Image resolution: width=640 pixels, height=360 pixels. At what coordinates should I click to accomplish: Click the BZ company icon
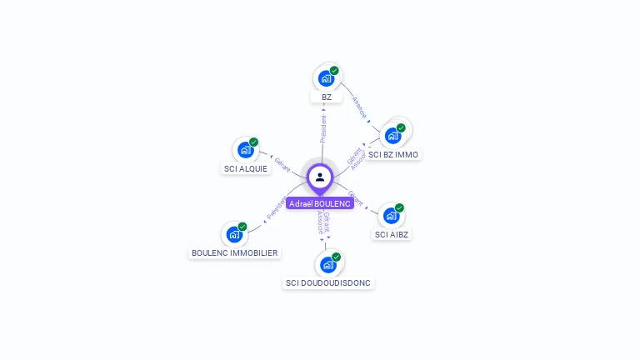tap(326, 78)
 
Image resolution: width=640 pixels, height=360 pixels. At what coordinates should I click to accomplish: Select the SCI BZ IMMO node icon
tap(392, 135)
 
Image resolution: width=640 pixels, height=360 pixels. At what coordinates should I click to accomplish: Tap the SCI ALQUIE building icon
tap(245, 150)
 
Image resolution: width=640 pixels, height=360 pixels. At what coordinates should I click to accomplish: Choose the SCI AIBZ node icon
tap(392, 215)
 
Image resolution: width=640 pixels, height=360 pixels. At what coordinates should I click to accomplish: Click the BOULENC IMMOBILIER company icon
tap(234, 234)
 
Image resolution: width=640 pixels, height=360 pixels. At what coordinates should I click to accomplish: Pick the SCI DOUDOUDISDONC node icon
tap(328, 264)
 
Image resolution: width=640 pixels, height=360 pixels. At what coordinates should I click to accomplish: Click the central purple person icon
tap(320, 177)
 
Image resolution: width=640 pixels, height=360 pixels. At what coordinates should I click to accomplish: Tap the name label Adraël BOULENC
tap(320, 203)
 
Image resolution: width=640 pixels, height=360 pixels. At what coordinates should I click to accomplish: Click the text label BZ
tap(327, 97)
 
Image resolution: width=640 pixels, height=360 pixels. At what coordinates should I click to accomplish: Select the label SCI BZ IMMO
tap(393, 154)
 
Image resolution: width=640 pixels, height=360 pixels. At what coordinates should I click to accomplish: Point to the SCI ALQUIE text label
tap(246, 169)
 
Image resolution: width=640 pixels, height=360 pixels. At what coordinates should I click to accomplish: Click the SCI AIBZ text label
tap(392, 234)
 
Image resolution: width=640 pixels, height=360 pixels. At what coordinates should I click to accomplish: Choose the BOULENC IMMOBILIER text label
tap(234, 252)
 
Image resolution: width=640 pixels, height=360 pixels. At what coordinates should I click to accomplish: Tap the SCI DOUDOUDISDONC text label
tap(328, 282)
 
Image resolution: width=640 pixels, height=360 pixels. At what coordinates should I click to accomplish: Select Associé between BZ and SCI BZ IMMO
tap(360, 108)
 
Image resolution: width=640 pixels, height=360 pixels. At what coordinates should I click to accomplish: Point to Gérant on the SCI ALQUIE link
tap(282, 165)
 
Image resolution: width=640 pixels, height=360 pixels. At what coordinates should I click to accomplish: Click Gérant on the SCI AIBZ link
tap(356, 198)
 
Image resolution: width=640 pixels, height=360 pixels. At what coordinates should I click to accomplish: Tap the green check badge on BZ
tap(334, 71)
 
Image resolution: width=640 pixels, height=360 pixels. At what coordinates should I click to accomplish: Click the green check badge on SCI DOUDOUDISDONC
tap(337, 257)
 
